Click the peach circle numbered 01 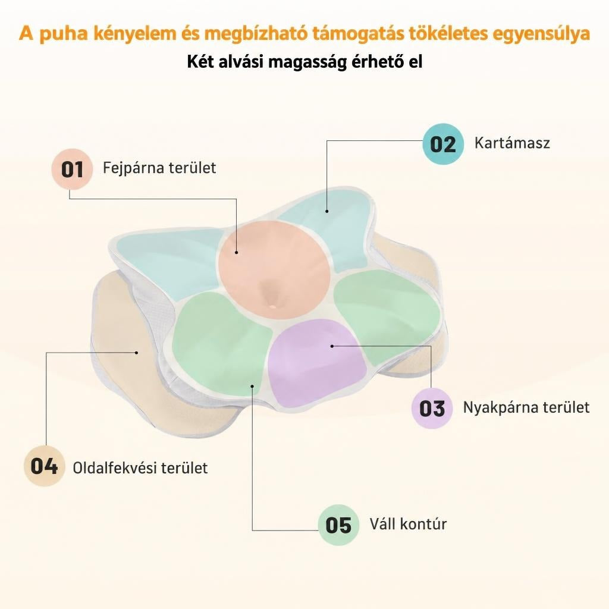point(72,169)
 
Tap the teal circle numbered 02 point(443,144)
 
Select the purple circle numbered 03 point(432,408)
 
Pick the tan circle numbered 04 point(44,466)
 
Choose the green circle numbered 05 point(338,525)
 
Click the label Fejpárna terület point(159,168)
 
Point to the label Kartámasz point(512,143)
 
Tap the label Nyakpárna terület point(526,407)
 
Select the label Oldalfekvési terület point(140,467)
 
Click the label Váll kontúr point(408,524)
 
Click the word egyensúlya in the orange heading point(541,34)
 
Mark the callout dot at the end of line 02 point(327,211)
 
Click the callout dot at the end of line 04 point(137,353)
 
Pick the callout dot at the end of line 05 point(252,386)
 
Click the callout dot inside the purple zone point(332,346)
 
